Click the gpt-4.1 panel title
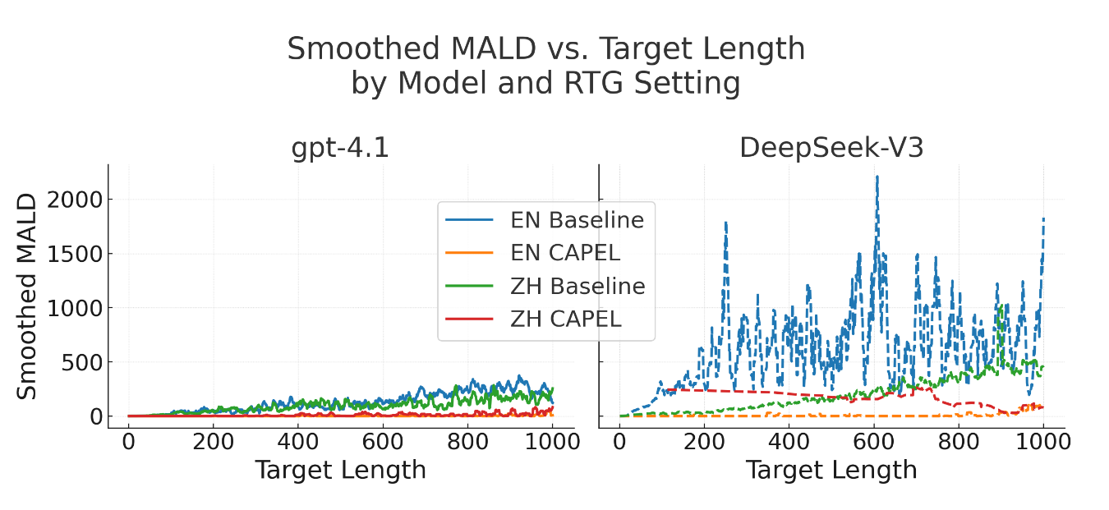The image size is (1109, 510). (x=340, y=148)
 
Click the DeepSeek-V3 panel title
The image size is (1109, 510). (x=831, y=148)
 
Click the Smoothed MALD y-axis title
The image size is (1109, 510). (x=28, y=296)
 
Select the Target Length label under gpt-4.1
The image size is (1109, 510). (x=340, y=471)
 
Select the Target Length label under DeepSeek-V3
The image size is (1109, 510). (x=831, y=471)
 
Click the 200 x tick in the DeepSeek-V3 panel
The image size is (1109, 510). (x=704, y=442)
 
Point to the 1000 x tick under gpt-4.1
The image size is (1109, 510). (x=552, y=442)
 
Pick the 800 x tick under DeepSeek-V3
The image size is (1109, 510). (x=959, y=442)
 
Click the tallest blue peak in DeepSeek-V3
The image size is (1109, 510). (x=877, y=177)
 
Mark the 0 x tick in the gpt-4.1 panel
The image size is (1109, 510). (x=128, y=442)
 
